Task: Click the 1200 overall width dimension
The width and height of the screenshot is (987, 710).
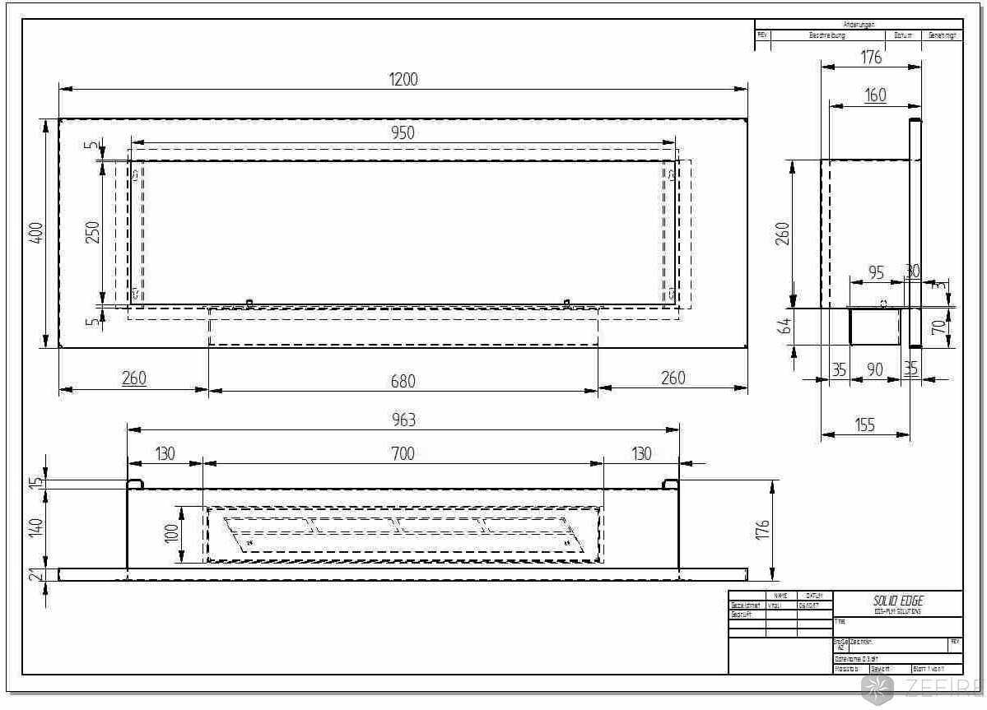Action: tap(403, 79)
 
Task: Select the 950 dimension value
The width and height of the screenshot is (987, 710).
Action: tap(403, 133)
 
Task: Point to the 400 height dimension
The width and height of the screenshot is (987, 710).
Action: tap(36, 234)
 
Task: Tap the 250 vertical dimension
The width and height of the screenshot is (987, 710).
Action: tap(92, 233)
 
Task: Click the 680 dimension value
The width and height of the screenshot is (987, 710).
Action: tap(403, 380)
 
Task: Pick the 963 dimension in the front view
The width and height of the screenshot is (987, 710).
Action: tap(403, 420)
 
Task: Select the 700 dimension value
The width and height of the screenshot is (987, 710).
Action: tap(403, 453)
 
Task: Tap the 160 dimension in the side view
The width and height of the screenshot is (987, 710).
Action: tap(875, 95)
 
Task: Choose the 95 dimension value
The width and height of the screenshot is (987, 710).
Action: tap(876, 272)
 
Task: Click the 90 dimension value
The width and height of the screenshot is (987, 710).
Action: tap(874, 370)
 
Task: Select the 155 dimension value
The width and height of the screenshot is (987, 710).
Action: tap(864, 425)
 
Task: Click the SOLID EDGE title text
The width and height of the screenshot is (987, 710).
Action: tap(897, 601)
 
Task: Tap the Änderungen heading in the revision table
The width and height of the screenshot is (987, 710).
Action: tap(859, 25)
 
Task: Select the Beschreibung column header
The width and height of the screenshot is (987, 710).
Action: tap(826, 36)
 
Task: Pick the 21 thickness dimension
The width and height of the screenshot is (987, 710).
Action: tap(36, 574)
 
